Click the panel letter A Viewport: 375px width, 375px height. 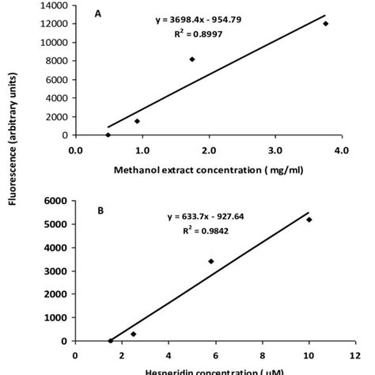click(97, 13)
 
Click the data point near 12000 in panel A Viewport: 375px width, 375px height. click(325, 24)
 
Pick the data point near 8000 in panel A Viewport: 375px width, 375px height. click(192, 59)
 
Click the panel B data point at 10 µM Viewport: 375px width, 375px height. click(309, 220)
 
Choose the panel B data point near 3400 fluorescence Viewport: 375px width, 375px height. click(211, 261)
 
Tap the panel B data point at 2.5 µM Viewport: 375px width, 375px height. click(133, 334)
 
